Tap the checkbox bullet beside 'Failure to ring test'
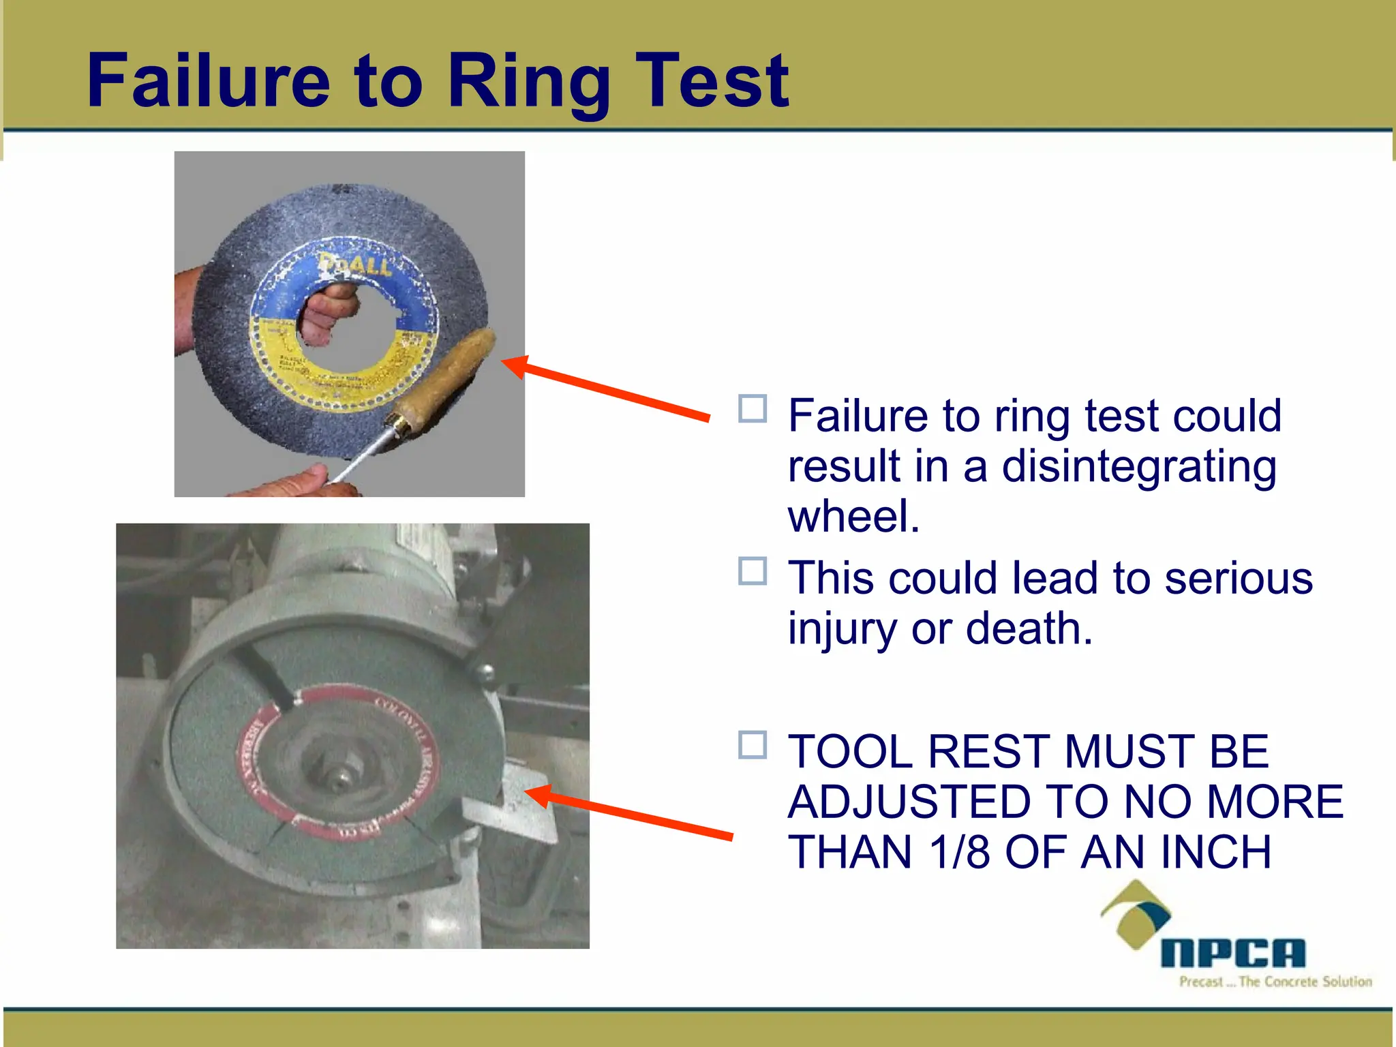pos(753,409)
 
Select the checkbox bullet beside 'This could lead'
pos(753,571)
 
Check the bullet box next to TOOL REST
pos(753,745)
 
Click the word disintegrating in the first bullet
pos(1138,468)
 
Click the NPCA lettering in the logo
pos(1232,953)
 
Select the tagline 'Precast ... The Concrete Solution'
pos(1275,982)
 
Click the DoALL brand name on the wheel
pos(356,263)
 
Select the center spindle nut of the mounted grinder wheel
pos(339,778)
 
